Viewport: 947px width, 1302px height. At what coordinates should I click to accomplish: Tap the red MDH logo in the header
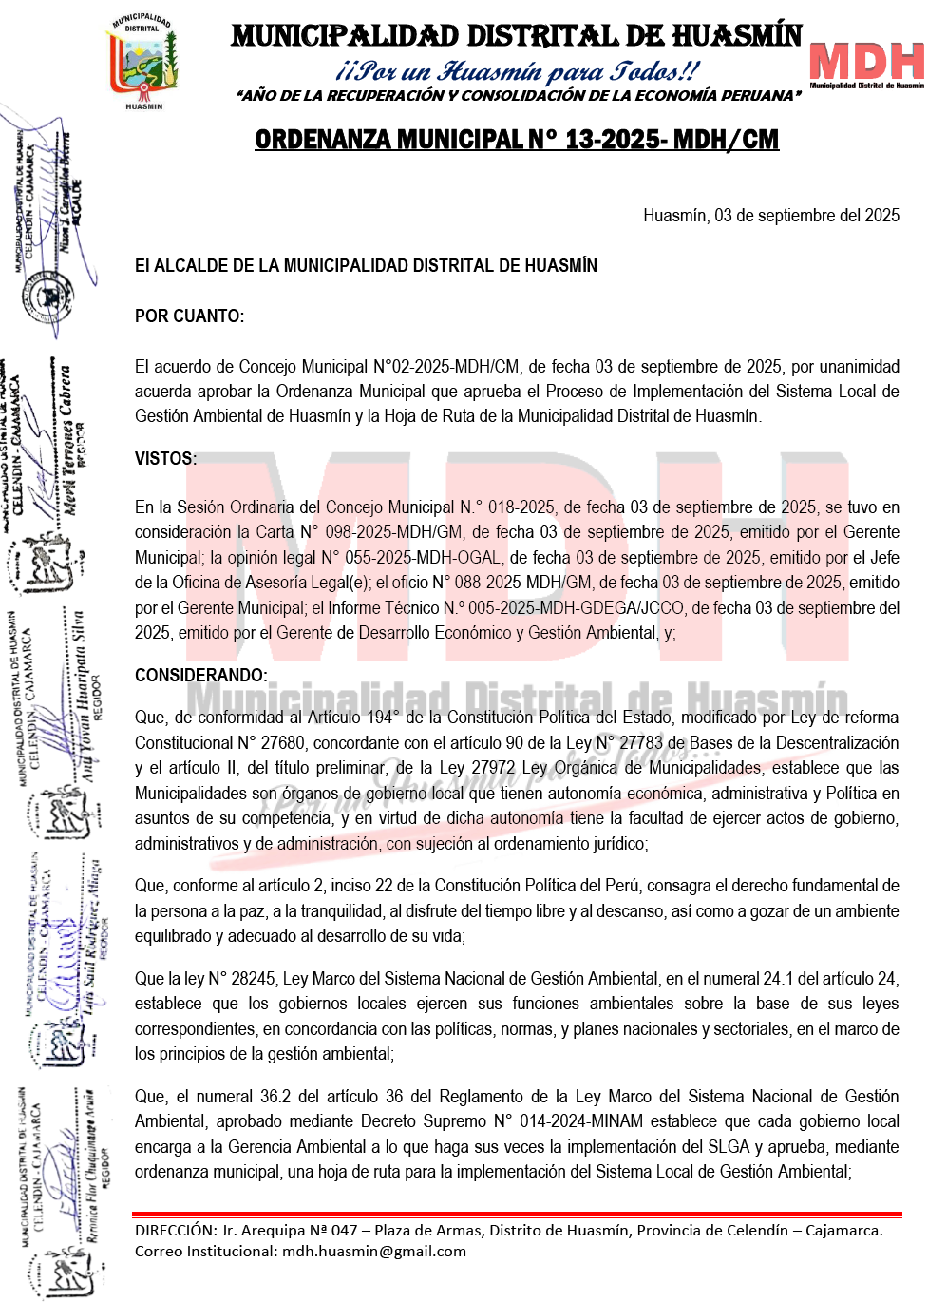coord(866,63)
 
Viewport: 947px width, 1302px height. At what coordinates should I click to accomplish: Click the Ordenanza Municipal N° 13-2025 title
coord(517,140)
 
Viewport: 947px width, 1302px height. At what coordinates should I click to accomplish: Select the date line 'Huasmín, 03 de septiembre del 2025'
coord(771,216)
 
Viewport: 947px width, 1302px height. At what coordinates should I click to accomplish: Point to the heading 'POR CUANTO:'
coord(189,316)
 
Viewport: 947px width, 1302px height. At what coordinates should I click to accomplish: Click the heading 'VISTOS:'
coord(165,459)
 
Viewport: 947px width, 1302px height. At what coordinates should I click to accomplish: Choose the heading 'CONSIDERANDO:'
coord(200,676)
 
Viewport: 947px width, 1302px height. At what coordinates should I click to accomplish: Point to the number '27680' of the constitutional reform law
coord(282,743)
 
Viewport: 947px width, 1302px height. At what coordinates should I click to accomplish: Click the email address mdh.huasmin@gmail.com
coord(374,1251)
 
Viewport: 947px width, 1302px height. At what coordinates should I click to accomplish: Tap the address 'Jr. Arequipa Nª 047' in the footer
coord(290,1230)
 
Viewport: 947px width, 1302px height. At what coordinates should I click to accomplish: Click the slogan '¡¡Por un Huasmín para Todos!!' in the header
coord(518,71)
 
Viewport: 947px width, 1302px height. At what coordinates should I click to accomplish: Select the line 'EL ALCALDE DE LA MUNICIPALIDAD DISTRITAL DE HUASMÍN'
coord(366,266)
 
